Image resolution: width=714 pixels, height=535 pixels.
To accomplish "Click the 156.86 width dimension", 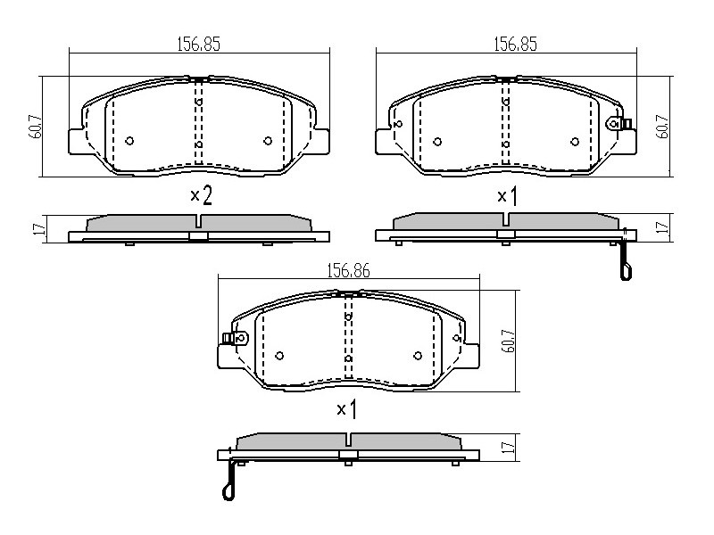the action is click(348, 271).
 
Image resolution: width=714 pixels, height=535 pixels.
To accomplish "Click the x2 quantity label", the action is click(201, 196).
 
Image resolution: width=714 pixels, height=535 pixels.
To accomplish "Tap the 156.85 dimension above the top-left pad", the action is click(198, 44).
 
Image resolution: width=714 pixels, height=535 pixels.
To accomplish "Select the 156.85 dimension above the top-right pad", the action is click(516, 44).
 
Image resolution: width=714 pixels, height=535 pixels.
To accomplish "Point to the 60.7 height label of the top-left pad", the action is click(37, 127).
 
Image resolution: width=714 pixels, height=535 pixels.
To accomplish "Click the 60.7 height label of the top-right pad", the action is click(662, 127).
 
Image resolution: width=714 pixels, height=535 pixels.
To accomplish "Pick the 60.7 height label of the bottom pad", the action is click(508, 341).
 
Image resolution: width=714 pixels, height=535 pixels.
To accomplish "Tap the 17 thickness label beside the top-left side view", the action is click(40, 228).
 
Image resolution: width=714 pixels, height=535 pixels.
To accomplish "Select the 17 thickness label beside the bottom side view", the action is click(511, 446).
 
